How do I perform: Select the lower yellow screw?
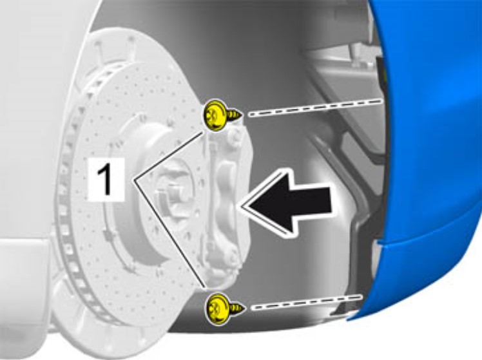tap(224, 308)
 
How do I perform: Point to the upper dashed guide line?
tap(315, 107)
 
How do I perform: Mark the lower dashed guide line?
tap(307, 302)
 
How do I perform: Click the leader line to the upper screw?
tap(168, 156)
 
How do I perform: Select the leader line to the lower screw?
tap(169, 233)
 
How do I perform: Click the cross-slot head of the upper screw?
tap(214, 116)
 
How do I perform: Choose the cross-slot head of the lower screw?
tap(217, 308)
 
